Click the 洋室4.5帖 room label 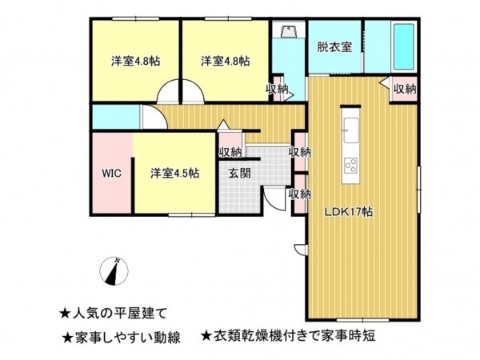175,172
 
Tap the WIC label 110,172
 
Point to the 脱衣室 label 334,46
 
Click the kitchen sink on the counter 350,126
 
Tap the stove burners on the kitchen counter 350,166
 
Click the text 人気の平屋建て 119,313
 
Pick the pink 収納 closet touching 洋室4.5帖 230,152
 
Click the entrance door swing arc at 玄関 274,200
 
